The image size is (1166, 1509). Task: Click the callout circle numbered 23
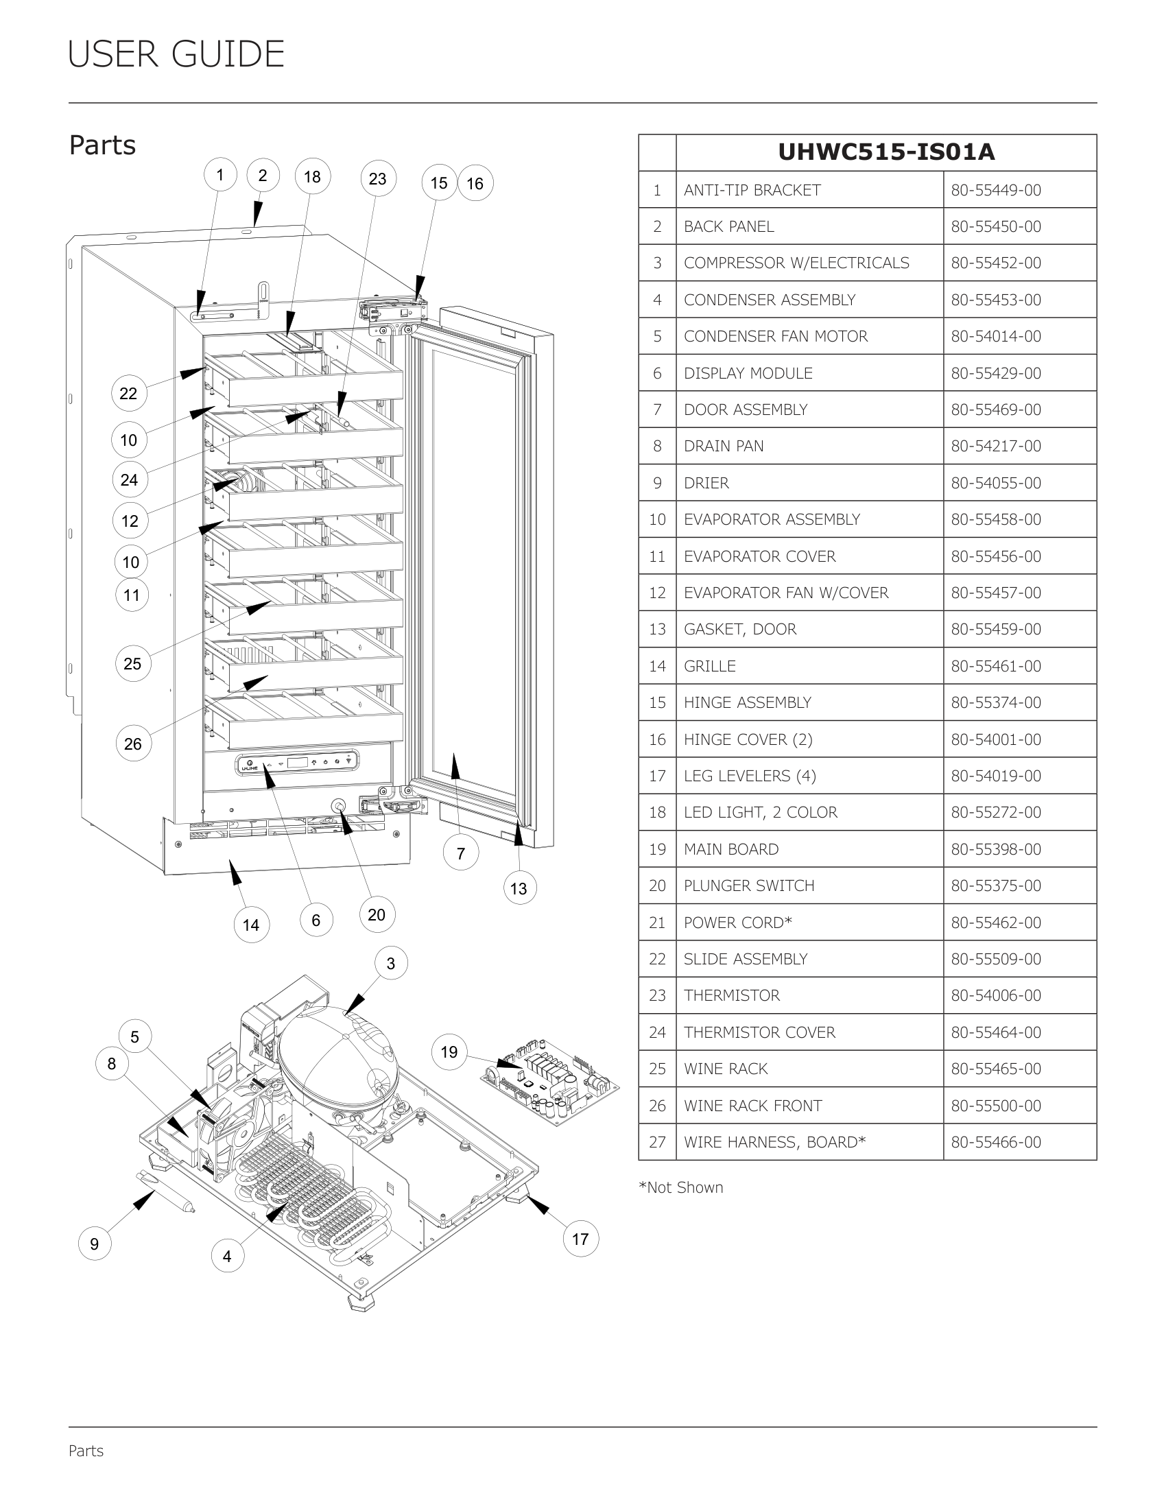pos(377,179)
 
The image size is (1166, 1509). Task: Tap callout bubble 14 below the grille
pos(251,925)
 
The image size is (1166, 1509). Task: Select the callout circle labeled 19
pos(449,1051)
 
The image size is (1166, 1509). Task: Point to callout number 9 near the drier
pos(95,1244)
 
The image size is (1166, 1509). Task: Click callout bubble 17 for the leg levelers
pos(580,1239)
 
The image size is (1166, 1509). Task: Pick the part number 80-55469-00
pos(995,409)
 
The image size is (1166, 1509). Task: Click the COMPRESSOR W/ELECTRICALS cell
pos(796,263)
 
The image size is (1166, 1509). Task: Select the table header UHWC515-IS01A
pos(886,152)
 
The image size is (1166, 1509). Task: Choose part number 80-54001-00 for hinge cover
pos(995,739)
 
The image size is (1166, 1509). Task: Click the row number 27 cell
pos(657,1142)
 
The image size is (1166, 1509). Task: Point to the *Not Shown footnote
pos(681,1187)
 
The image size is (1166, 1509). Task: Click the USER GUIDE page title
pos(176,54)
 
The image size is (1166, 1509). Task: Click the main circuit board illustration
pos(550,1078)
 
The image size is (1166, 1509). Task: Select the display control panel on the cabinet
pos(298,762)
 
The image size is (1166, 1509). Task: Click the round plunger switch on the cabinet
pos(338,807)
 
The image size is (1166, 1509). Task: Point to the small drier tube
pos(165,1191)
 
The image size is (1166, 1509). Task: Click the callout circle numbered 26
pos(132,744)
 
